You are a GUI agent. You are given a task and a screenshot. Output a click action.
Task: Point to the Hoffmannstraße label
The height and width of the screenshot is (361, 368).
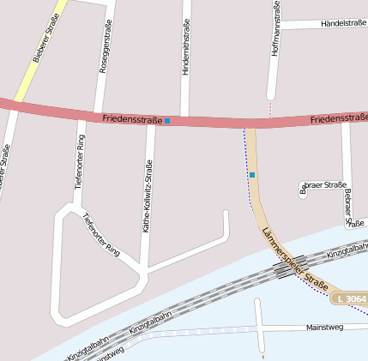coord(275,29)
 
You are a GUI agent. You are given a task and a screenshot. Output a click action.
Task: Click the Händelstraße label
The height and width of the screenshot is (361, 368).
coord(342,24)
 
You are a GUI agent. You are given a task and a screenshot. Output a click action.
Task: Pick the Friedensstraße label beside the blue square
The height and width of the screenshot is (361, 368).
coord(131,120)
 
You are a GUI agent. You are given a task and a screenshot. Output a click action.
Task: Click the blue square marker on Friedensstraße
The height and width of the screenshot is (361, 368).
coord(167,121)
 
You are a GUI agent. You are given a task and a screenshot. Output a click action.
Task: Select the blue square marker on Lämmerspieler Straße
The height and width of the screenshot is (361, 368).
coord(252,175)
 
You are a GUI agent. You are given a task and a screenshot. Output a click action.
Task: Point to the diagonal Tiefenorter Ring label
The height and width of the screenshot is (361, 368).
coord(101,232)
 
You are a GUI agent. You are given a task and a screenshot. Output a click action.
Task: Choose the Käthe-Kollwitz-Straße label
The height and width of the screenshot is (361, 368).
coord(148,196)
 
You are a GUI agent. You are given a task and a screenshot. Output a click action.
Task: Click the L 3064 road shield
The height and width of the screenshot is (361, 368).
coord(351,298)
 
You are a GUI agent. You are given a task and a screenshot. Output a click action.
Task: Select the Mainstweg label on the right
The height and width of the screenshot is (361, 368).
coord(324,328)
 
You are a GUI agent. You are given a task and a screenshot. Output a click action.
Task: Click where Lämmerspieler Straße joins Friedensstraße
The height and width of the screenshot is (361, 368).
coord(249,124)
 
